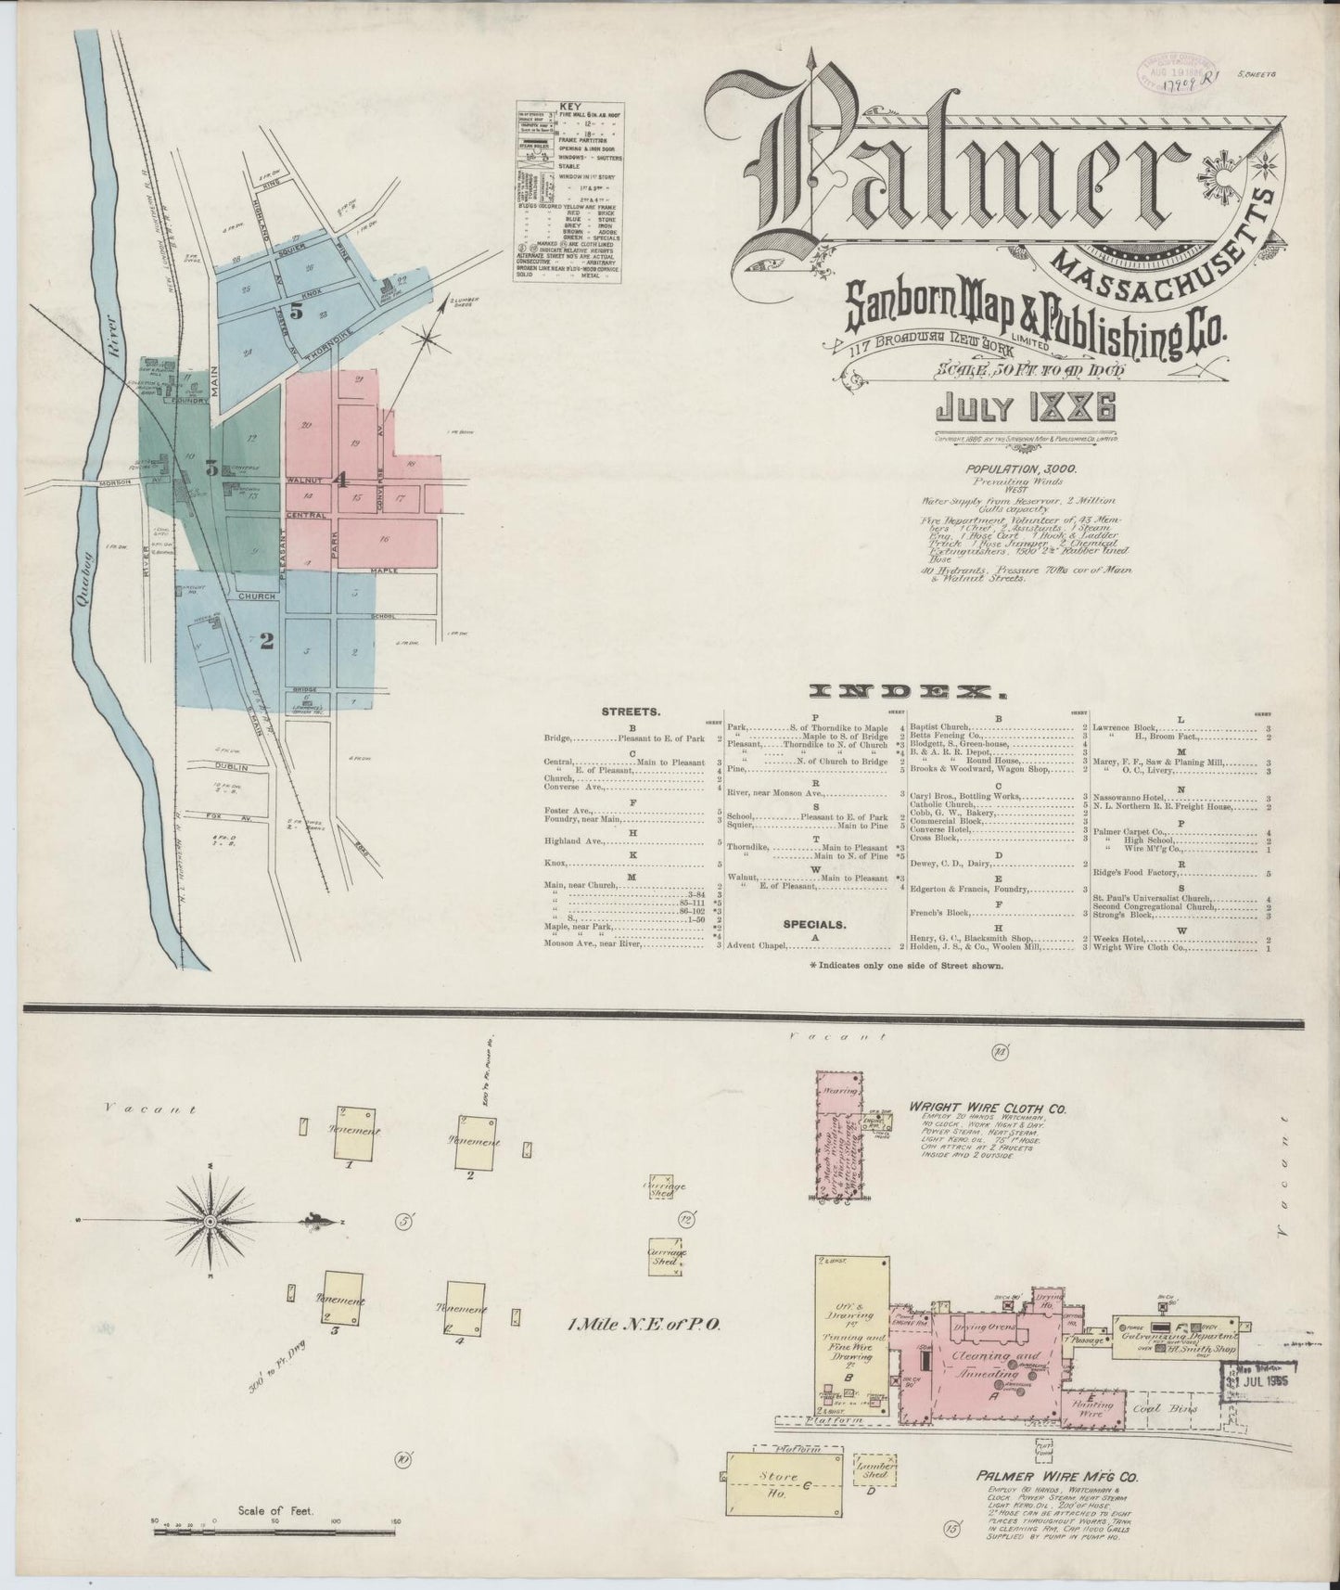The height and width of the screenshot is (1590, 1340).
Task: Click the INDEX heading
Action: coord(906,692)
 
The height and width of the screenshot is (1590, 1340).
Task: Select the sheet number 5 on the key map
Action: coord(295,312)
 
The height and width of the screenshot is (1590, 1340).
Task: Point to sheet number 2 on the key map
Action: coord(266,640)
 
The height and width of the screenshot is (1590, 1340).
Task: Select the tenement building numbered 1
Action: coord(356,1132)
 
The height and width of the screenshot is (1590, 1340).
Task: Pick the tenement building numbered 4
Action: coord(466,1309)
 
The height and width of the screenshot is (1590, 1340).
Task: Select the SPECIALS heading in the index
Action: coord(813,925)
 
